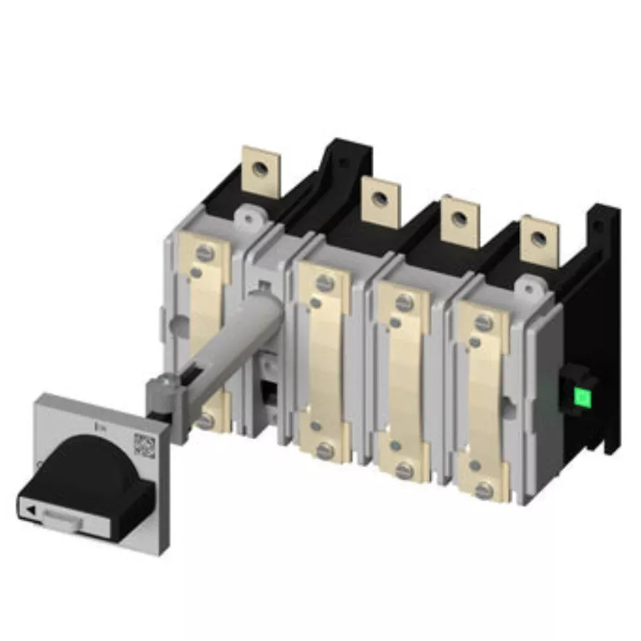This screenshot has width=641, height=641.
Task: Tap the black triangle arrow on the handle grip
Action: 30,510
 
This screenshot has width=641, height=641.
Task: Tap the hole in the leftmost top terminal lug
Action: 260,169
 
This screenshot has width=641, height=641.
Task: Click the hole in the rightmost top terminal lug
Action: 538,240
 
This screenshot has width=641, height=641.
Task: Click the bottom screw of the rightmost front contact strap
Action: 485,490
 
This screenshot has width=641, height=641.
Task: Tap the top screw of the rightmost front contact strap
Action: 485,321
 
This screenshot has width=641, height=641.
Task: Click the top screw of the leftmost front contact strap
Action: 206,252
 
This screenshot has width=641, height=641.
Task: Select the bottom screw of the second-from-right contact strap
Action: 404,471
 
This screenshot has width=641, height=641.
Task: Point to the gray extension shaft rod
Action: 224,346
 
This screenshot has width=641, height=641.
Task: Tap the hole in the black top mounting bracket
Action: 344,162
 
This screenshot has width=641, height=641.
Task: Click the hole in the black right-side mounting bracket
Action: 597,226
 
